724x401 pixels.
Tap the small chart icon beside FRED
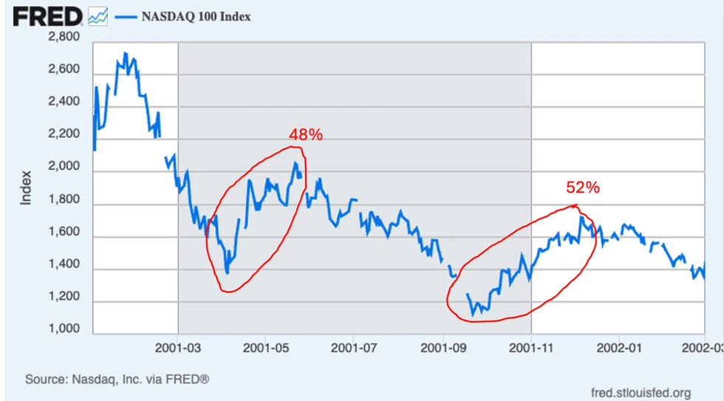(x=98, y=16)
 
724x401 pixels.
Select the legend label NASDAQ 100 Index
(x=196, y=16)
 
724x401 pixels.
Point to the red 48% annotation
(x=305, y=135)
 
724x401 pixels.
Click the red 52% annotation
(x=582, y=188)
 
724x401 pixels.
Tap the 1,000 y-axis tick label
(x=64, y=329)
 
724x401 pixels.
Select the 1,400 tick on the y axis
(x=64, y=264)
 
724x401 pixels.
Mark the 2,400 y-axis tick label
(x=64, y=102)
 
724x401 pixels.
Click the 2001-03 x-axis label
(x=178, y=346)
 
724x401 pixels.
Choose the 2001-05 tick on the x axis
(x=266, y=346)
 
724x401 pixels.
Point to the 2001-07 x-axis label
(x=354, y=346)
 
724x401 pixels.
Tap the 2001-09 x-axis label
(x=443, y=346)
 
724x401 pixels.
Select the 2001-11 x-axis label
(x=531, y=346)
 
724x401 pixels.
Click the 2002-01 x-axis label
(x=618, y=346)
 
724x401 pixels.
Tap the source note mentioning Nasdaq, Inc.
(x=117, y=380)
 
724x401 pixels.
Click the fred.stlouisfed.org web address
(x=641, y=392)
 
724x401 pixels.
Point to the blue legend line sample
(x=126, y=16)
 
